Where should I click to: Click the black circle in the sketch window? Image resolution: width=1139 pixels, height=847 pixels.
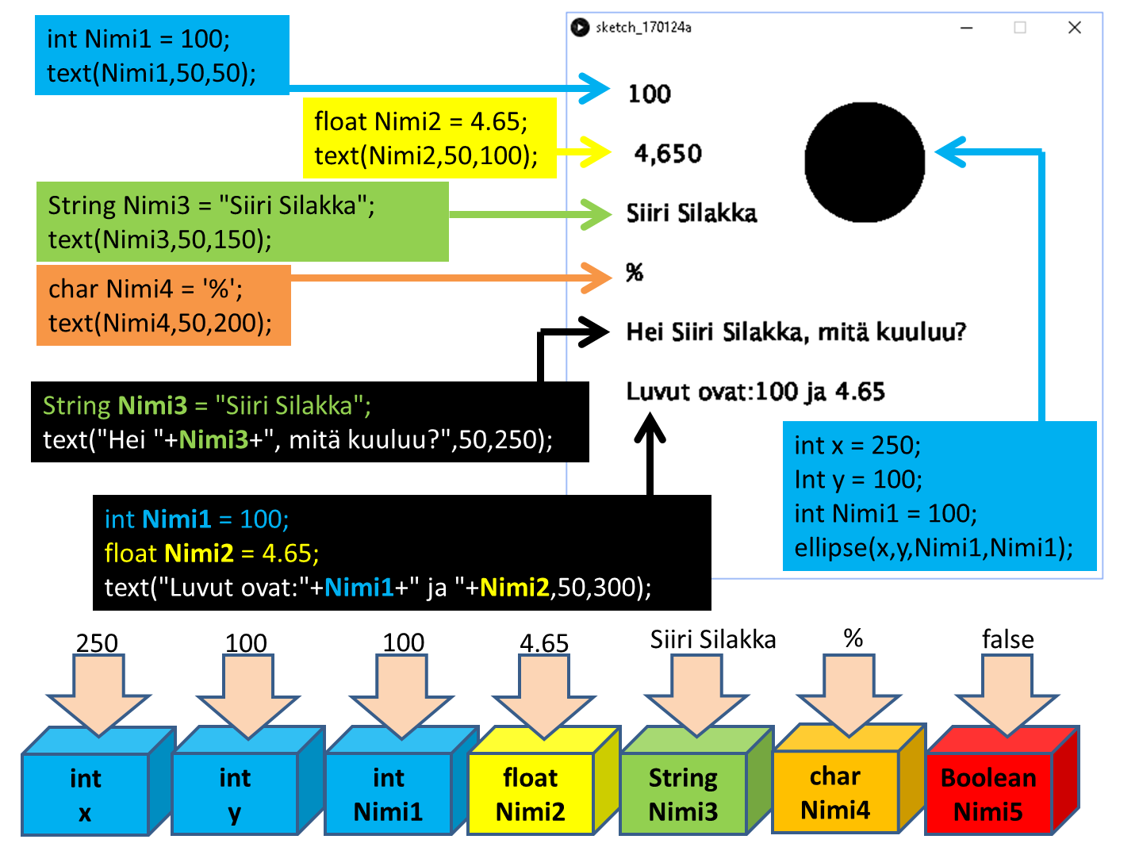point(865,162)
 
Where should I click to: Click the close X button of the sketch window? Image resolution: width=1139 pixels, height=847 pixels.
point(1075,28)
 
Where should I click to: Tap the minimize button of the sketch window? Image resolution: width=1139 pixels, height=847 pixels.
point(966,28)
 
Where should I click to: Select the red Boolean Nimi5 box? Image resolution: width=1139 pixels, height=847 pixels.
point(988,794)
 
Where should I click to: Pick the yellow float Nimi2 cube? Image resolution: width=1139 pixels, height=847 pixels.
point(531,794)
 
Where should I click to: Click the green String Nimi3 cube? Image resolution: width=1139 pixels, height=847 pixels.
point(683,794)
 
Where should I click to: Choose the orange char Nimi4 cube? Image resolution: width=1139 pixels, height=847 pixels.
point(835,792)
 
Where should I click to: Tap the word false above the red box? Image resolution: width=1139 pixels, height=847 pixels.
point(1007,639)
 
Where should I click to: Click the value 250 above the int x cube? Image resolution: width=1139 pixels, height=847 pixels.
point(97,642)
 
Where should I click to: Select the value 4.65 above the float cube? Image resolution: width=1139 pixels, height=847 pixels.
point(544,642)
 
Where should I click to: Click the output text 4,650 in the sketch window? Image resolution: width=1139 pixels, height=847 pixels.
point(668,153)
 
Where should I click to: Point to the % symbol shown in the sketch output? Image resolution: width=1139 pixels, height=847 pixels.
point(635,273)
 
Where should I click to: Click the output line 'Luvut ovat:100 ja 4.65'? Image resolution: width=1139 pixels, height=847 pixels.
point(755,392)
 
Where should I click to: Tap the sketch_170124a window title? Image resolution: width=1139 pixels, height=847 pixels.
point(643,28)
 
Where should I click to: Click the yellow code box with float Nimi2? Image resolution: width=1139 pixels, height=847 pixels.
point(429,138)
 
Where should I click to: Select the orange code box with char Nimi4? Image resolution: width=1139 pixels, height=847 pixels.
point(163,305)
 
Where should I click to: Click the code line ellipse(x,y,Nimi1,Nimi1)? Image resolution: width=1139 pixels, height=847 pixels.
point(934,548)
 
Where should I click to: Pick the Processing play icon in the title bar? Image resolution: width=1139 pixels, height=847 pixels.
point(580,27)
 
